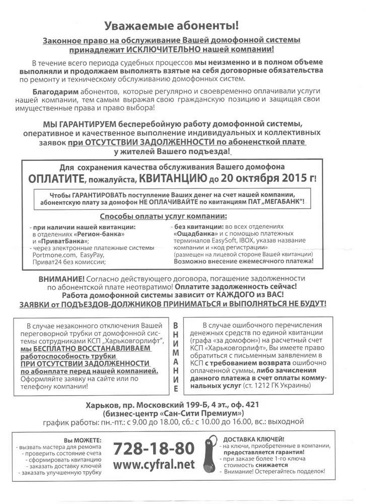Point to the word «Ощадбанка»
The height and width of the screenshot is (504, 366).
(195, 234)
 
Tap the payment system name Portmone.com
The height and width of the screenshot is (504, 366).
(53, 256)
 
